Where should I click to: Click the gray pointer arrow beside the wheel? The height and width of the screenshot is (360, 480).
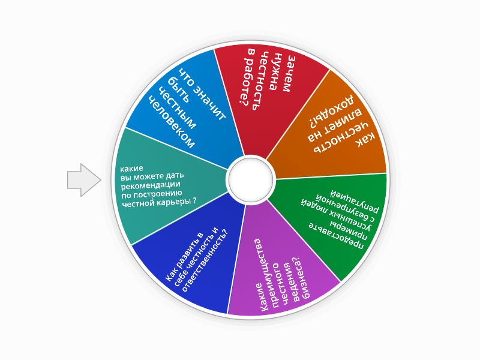point(84,179)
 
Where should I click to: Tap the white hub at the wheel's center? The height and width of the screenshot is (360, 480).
point(250,179)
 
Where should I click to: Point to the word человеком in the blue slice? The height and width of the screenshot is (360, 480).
point(172,122)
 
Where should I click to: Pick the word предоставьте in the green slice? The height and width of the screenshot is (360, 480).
point(336,236)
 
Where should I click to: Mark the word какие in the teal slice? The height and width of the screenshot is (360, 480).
point(131,169)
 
